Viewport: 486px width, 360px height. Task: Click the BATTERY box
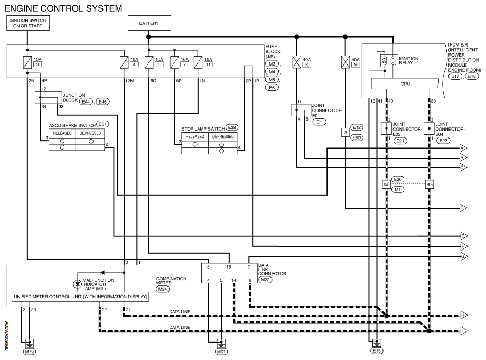148,23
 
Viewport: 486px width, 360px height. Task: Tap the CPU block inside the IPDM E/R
405,84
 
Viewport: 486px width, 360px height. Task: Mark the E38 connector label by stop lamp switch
231,127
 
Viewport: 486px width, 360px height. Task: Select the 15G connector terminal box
386,184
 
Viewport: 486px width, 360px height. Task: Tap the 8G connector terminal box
429,184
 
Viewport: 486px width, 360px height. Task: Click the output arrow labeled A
463,149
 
